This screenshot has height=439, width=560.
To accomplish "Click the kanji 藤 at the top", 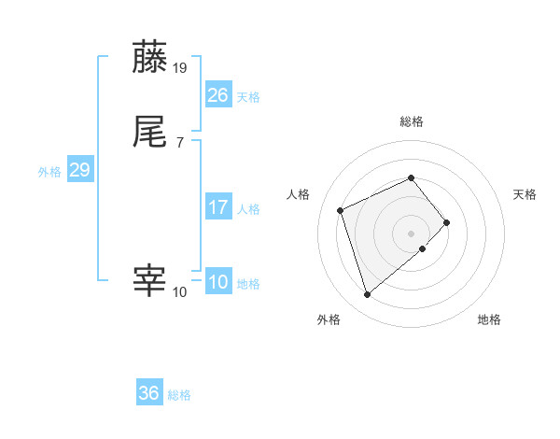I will point(150,58).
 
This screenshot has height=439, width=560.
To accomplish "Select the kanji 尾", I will point(150,133).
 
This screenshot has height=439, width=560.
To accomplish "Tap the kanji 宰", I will point(150,281).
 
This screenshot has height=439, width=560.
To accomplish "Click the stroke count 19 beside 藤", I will point(181,67).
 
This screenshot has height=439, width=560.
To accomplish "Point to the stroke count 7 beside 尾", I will point(180,142).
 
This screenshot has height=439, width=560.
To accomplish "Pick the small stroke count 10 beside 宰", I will point(180,291).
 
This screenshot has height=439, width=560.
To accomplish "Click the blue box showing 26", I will point(217,95).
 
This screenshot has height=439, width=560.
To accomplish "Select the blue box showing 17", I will point(217,207).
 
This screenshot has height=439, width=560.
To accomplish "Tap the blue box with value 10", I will point(217,283).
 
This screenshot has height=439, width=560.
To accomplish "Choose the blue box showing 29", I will point(79,171).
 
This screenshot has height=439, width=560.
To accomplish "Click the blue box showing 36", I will point(149,393).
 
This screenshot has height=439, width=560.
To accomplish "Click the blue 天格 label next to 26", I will point(248,97).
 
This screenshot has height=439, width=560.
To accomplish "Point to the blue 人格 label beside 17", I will point(248,209).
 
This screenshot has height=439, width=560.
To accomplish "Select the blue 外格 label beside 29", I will point(49,172).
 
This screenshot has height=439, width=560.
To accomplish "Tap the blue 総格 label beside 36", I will point(180,395).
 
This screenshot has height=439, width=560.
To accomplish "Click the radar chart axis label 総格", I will point(412,121).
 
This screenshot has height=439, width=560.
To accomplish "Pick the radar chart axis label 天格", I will point(525,194).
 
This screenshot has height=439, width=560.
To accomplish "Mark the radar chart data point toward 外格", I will point(368,294).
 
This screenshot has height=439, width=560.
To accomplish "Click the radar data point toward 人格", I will point(342,209).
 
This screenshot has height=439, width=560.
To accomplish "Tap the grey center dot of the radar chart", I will point(412,232).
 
